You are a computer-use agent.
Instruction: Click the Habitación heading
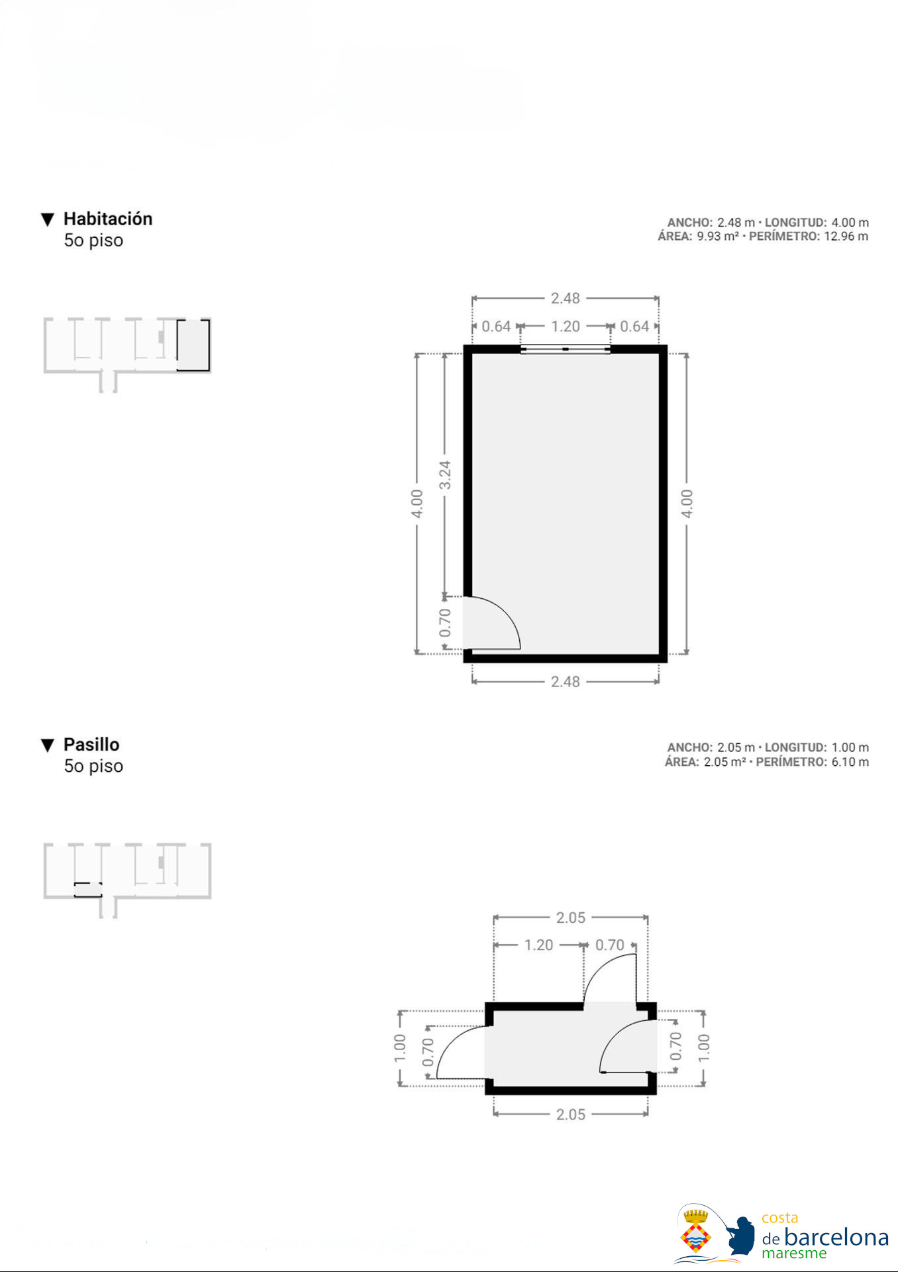[108, 219]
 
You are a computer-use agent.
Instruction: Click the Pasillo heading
[91, 744]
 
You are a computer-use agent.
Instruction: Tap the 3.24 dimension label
[445, 475]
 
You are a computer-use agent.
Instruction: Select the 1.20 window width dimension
[566, 327]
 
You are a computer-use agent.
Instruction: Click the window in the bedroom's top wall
[565, 349]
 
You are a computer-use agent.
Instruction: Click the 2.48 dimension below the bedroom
[566, 682]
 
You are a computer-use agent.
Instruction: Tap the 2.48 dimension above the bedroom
[566, 298]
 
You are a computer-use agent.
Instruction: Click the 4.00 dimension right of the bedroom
[687, 504]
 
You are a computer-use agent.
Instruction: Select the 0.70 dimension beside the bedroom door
[445, 623]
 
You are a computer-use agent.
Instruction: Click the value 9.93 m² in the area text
[718, 237]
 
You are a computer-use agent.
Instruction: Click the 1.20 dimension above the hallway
[538, 945]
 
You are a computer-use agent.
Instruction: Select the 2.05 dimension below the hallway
[571, 1114]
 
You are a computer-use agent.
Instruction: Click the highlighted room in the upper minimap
[193, 345]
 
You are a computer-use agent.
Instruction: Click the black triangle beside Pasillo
[47, 745]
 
